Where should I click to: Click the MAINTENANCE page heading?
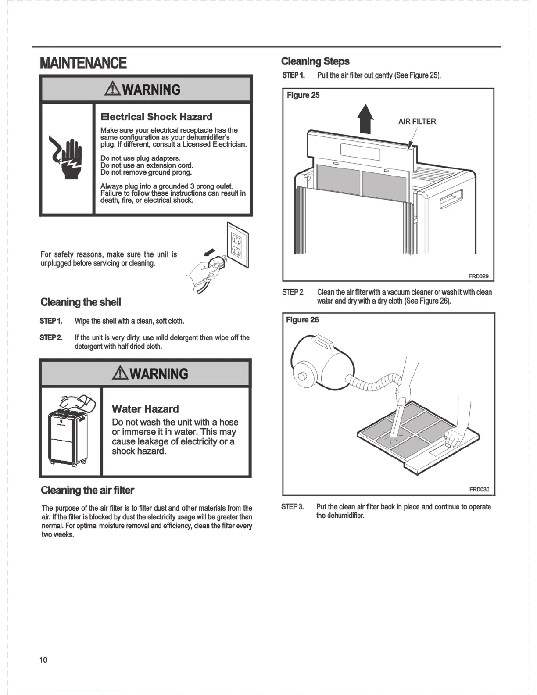[x=83, y=63]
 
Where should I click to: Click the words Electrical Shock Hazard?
[x=156, y=117]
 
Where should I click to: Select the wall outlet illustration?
[x=237, y=245]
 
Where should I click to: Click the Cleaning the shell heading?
[x=80, y=302]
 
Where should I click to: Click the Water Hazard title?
[x=145, y=409]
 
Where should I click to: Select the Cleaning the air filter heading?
[x=87, y=490]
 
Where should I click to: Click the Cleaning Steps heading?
[x=315, y=61]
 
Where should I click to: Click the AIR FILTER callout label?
[x=417, y=122]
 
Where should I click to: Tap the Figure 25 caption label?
[x=303, y=95]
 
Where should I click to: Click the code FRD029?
[x=478, y=276]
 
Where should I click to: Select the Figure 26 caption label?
[x=302, y=320]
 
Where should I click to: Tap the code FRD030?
[x=479, y=490]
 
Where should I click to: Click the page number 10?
[x=43, y=660]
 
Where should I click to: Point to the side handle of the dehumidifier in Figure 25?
[x=451, y=198]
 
